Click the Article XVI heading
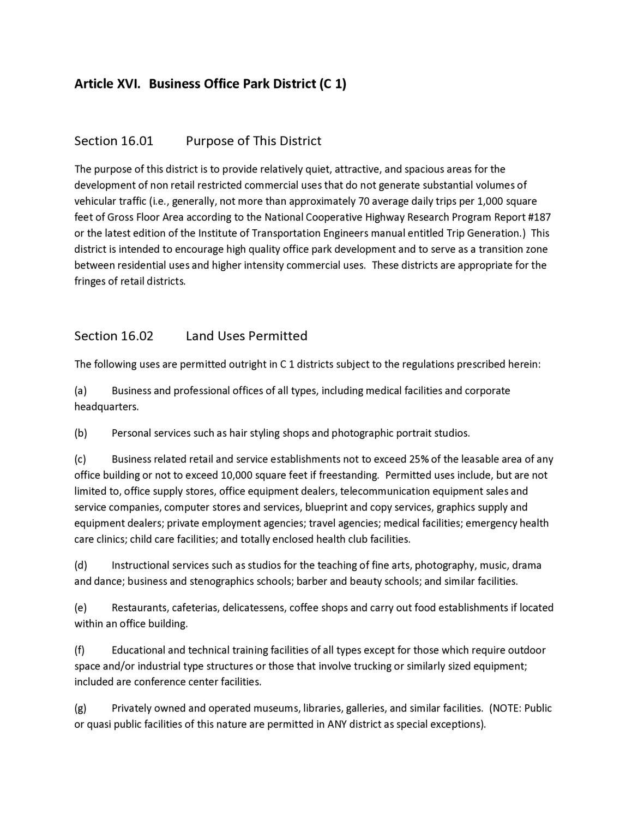(x=210, y=84)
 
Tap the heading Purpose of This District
(x=254, y=141)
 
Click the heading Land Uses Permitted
(x=246, y=336)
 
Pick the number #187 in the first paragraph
(x=539, y=217)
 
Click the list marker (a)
(x=80, y=391)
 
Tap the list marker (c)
(x=80, y=460)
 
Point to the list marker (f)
(x=80, y=650)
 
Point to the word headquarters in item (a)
(x=106, y=407)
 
